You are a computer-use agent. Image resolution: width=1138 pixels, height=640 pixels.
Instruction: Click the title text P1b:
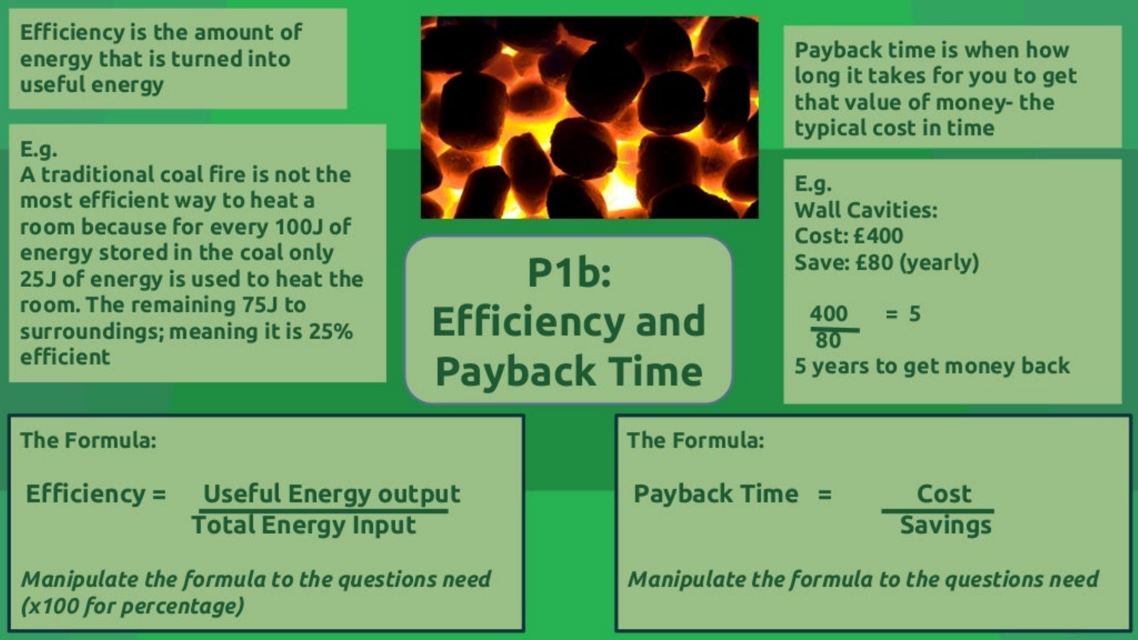569,273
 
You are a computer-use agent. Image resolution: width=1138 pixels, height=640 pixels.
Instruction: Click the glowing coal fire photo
589,117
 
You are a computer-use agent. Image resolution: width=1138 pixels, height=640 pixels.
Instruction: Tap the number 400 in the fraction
829,314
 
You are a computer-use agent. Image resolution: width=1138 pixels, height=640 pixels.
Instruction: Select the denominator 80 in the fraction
828,340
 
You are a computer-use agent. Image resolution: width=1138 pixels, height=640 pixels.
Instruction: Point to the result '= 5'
903,314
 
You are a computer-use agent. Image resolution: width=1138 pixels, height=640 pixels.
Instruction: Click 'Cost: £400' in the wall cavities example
848,236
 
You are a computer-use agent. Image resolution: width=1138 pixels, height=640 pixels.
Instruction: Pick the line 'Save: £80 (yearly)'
886,262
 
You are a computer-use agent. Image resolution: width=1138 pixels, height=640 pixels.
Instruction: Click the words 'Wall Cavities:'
865,210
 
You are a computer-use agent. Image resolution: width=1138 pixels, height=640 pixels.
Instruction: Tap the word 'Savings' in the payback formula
945,526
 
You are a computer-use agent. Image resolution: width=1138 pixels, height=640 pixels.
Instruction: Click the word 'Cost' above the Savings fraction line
944,494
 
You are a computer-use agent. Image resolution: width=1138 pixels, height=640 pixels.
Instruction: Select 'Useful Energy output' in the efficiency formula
331,494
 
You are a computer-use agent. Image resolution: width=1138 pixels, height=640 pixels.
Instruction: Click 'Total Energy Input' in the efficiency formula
303,525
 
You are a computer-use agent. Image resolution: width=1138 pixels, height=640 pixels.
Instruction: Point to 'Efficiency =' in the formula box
96,493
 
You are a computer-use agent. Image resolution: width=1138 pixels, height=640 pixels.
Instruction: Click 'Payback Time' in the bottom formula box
716,494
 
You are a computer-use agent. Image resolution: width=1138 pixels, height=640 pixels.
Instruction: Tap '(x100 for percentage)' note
132,606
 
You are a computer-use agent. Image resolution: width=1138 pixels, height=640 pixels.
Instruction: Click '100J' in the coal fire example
299,227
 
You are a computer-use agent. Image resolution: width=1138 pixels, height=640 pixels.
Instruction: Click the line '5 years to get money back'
932,366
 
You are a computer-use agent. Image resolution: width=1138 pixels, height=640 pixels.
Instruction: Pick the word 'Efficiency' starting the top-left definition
73,33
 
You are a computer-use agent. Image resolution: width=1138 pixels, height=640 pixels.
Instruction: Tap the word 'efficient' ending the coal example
65,357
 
